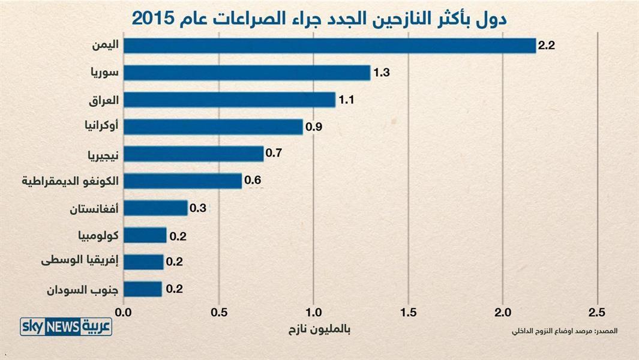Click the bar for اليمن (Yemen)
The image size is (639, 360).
pyautogui.click(x=329, y=46)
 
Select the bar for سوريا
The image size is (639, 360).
pyautogui.click(x=247, y=73)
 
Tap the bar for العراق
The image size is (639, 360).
pyautogui.click(x=229, y=100)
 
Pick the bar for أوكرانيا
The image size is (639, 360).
pyautogui.click(x=213, y=127)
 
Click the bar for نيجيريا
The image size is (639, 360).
pyautogui.click(x=193, y=154)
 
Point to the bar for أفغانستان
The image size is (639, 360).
pyautogui.click(x=155, y=208)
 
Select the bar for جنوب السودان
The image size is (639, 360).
pyautogui.click(x=143, y=289)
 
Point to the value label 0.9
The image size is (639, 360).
pyautogui.click(x=314, y=127)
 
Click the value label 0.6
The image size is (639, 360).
pyautogui.click(x=253, y=179)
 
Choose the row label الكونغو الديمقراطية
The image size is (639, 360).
pyautogui.click(x=70, y=181)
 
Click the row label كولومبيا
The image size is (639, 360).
pyautogui.click(x=98, y=235)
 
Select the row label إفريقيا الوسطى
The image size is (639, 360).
pyautogui.click(x=80, y=262)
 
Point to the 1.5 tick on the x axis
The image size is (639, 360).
pyautogui.click(x=408, y=313)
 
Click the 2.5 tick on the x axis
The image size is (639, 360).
pyautogui.click(x=597, y=313)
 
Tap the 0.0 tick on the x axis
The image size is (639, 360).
pyautogui.click(x=124, y=313)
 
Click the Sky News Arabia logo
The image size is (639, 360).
pyautogui.click(x=66, y=326)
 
